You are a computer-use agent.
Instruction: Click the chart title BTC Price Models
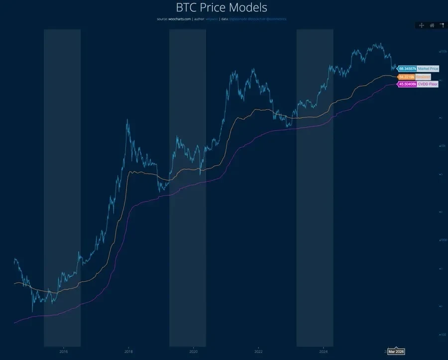click(x=222, y=8)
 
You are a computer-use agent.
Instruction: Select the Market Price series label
click(x=428, y=69)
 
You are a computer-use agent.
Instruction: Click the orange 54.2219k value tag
click(x=407, y=77)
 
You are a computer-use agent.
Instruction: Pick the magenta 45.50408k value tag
click(x=406, y=85)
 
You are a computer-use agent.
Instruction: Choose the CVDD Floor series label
click(x=428, y=85)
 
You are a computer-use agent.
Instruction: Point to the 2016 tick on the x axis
click(x=64, y=351)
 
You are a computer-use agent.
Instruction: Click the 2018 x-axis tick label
click(x=128, y=351)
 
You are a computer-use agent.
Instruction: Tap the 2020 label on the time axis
click(x=194, y=351)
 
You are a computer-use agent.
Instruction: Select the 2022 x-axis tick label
click(x=258, y=351)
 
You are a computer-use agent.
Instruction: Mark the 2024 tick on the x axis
click(x=323, y=351)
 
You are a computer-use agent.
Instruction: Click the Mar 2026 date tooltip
click(x=397, y=352)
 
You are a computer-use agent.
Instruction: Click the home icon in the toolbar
click(x=432, y=25)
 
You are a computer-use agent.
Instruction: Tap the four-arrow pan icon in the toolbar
click(x=422, y=25)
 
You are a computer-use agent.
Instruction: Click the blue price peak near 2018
click(x=127, y=120)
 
